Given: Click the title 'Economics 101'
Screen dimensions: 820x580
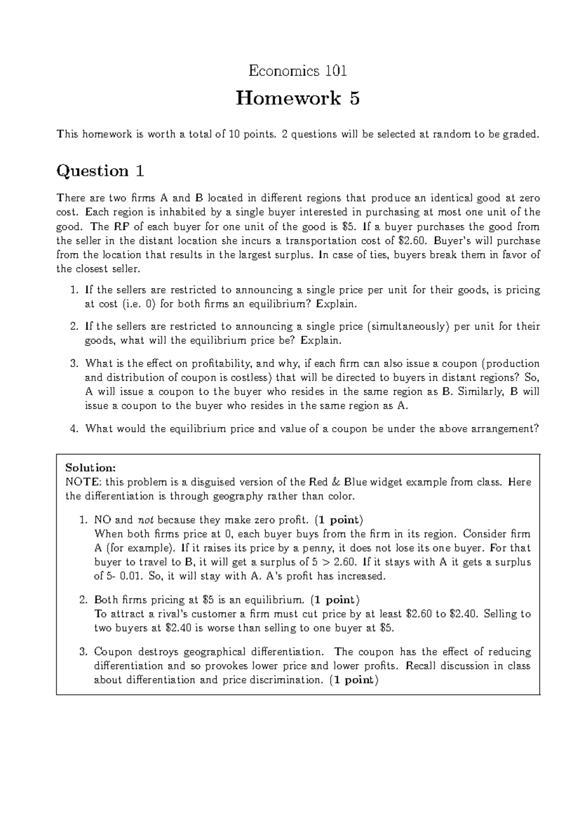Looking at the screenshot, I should [x=298, y=71].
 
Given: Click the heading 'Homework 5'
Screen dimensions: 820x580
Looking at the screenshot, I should [x=298, y=99].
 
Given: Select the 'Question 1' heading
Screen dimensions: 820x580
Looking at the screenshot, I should [x=101, y=171].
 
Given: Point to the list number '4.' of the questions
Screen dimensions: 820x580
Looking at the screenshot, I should [x=74, y=429].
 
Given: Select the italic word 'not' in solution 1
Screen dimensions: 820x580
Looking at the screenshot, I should [x=145, y=520].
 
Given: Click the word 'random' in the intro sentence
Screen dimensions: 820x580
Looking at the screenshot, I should [x=451, y=134].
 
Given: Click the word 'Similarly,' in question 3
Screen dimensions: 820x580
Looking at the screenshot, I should [x=481, y=392].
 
